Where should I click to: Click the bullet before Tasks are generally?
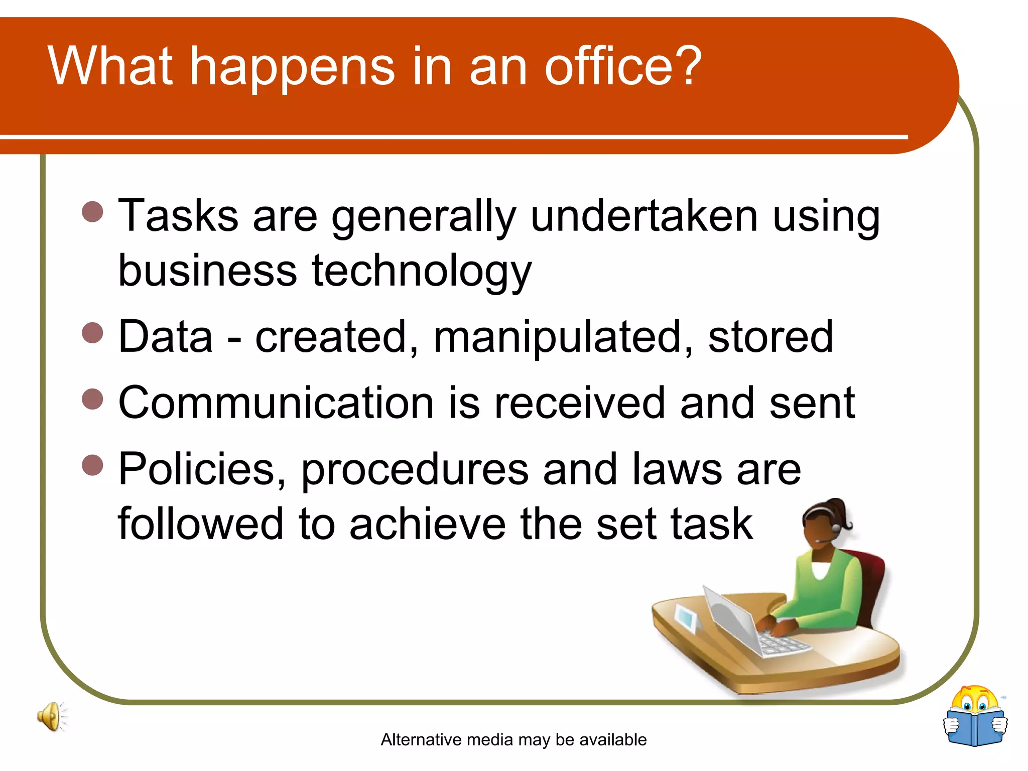92,212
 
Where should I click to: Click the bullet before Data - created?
92,332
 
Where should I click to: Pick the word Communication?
276,403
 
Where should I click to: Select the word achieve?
427,524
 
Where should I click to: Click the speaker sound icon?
51,717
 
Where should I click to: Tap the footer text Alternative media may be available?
513,739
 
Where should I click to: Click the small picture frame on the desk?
686,618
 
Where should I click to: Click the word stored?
770,337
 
